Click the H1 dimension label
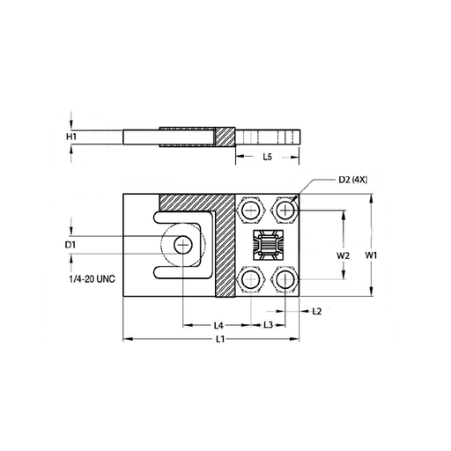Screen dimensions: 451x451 (x=71, y=137)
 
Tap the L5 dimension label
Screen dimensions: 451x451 (x=267, y=157)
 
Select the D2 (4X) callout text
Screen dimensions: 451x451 (x=353, y=180)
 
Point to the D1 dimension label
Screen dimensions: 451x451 (x=70, y=245)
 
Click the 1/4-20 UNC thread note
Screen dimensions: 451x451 (x=92, y=278)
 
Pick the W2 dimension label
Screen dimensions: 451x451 (x=343, y=255)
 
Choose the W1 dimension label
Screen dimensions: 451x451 (x=371, y=255)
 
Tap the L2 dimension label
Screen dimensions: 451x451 (x=317, y=311)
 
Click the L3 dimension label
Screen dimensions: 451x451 (x=269, y=325)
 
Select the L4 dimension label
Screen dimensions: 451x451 (x=218, y=325)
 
